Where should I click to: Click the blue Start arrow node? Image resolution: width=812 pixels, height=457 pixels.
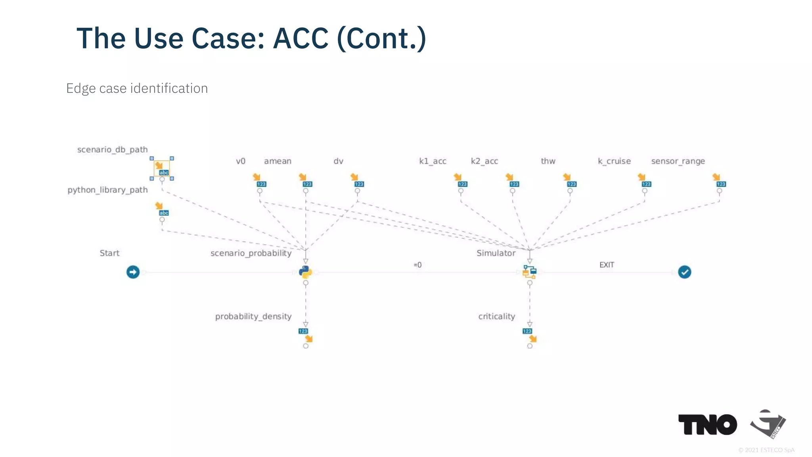133,272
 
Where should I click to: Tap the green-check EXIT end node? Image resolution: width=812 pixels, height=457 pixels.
684,272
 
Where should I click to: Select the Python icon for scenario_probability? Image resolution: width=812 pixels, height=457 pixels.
305,272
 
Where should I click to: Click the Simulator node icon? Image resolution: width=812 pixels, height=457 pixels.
530,272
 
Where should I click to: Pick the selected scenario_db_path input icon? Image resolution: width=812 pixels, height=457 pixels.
162,169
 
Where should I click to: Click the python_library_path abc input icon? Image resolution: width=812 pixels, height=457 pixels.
162,209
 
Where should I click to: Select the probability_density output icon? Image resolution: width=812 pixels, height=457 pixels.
305,335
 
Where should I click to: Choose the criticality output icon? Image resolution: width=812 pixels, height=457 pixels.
530,335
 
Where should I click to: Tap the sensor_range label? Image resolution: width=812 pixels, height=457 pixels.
678,161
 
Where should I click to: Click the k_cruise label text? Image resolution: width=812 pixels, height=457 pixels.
614,161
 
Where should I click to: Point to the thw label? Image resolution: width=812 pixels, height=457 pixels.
548,161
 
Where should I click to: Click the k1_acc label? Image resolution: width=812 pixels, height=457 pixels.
433,161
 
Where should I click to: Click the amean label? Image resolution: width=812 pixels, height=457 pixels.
278,161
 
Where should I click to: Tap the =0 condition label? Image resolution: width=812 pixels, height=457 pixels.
417,265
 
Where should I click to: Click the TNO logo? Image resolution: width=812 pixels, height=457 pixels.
708,425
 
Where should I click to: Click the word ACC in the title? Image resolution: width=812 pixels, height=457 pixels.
301,38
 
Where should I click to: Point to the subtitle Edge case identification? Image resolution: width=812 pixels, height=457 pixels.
137,88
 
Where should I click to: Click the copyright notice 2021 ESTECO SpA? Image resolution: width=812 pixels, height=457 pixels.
766,450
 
